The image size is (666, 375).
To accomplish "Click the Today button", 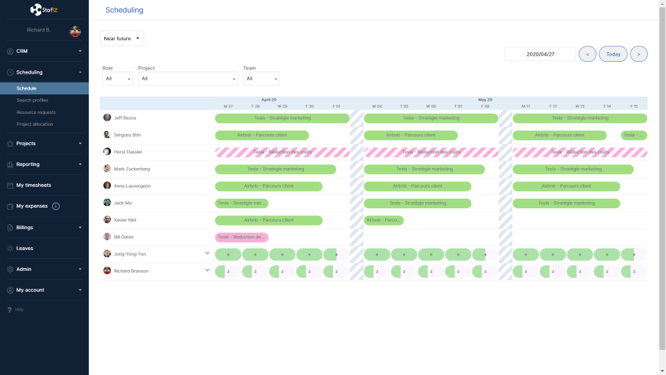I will (613, 54).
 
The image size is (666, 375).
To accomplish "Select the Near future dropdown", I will (122, 39).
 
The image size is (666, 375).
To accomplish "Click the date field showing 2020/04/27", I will (540, 54).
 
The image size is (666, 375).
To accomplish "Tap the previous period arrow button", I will (588, 54).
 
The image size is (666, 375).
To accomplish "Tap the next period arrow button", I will (639, 54).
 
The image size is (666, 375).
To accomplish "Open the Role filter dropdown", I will (117, 79).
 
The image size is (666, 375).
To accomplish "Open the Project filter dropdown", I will (188, 79).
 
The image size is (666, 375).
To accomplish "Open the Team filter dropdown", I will (261, 79).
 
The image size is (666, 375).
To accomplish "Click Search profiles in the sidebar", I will (32, 101).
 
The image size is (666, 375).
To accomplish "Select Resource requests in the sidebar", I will (36, 112).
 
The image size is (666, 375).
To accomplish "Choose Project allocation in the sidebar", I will (35, 124).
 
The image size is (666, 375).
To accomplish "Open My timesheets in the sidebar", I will (33, 185).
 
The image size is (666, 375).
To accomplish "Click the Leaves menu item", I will (25, 248).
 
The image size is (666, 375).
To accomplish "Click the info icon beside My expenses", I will (56, 206).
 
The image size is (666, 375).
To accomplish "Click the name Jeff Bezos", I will (126, 118).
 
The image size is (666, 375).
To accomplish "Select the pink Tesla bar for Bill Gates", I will (241, 237).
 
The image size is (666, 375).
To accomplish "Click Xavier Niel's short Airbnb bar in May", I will (384, 220).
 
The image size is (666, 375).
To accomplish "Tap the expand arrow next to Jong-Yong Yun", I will (207, 253).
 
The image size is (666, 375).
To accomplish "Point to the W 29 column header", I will (282, 106).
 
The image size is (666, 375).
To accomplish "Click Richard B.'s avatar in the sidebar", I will (75, 31).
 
